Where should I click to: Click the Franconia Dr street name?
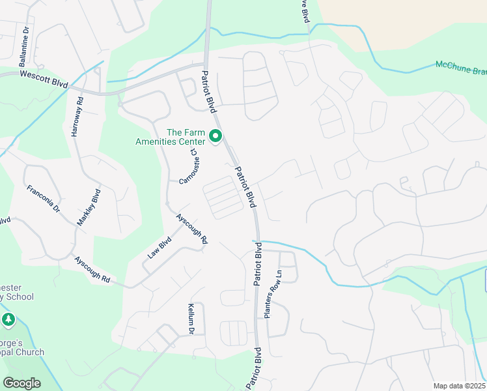(x=43, y=199)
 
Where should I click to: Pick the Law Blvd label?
(x=159, y=247)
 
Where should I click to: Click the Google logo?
(x=22, y=383)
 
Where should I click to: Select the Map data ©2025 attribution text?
(x=459, y=386)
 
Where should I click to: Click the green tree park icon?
(x=8, y=320)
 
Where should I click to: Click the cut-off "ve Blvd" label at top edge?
(x=303, y=12)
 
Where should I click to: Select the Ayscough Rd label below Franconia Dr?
(x=92, y=268)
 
